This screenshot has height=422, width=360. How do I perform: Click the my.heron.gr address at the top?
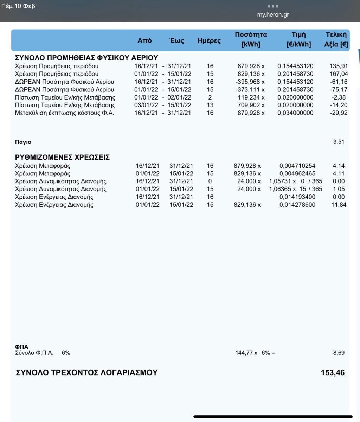[273, 15]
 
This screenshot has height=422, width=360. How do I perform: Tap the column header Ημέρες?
[209, 41]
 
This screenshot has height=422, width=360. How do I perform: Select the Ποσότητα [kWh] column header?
[251, 39]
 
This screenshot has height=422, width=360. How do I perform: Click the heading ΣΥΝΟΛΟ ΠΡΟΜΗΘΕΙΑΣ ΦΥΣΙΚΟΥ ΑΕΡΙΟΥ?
[86, 58]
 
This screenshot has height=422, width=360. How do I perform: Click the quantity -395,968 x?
[250, 82]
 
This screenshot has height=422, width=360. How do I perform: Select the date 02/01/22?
[179, 97]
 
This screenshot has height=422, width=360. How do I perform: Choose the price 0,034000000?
[295, 113]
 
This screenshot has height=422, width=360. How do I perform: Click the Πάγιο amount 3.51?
[339, 142]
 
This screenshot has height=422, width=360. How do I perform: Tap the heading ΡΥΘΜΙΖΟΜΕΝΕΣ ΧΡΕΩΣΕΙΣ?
[62, 157]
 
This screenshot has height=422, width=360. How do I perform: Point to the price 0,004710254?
[297, 166]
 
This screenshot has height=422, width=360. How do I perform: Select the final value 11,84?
[339, 205]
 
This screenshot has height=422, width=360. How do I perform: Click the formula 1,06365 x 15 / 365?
[295, 189]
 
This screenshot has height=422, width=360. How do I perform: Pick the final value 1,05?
[339, 189]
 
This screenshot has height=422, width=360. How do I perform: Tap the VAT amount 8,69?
[339, 353]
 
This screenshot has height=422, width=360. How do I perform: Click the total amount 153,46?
[333, 373]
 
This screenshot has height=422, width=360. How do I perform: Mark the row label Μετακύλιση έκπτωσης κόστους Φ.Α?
[65, 113]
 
